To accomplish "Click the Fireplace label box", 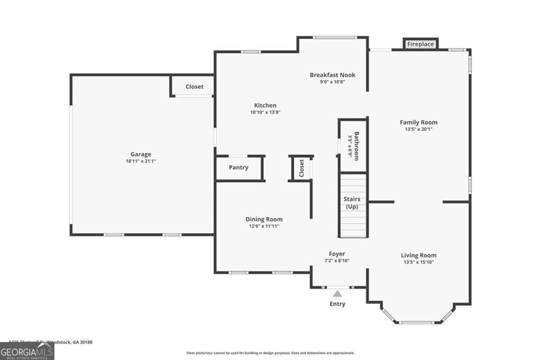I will [x=421, y=44].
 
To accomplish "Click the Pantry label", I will [x=238, y=167].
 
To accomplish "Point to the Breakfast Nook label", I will [x=332, y=75].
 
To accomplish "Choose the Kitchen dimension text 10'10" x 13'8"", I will [x=265, y=112].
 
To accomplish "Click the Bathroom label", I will [x=357, y=146].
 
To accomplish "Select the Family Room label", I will [x=418, y=122].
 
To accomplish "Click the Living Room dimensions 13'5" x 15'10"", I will [x=418, y=262].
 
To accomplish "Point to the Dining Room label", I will [x=264, y=219].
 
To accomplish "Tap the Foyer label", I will [x=337, y=254].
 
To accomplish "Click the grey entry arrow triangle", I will [x=337, y=293].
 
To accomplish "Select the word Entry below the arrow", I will [x=337, y=304].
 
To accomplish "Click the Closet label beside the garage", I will [x=194, y=87].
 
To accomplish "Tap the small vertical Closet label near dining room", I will [x=302, y=168].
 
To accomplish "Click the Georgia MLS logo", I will [x=27, y=351].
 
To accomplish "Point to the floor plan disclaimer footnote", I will [x=270, y=353].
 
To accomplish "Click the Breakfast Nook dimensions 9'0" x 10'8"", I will [x=332, y=82].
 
